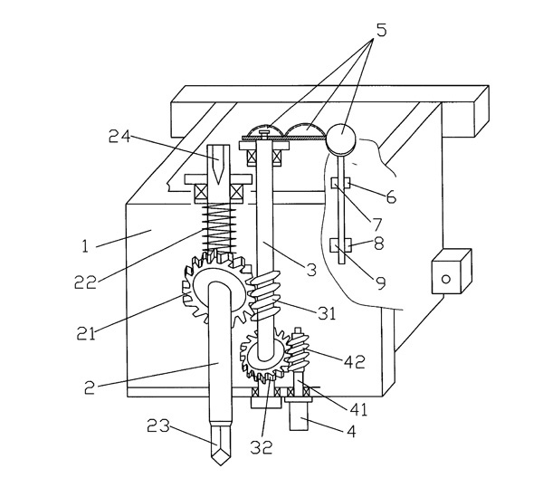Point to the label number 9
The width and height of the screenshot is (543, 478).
pos(379,282)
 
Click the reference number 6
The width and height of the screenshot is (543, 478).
pos(389,195)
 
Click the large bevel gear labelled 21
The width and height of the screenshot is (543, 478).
pos(217,290)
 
